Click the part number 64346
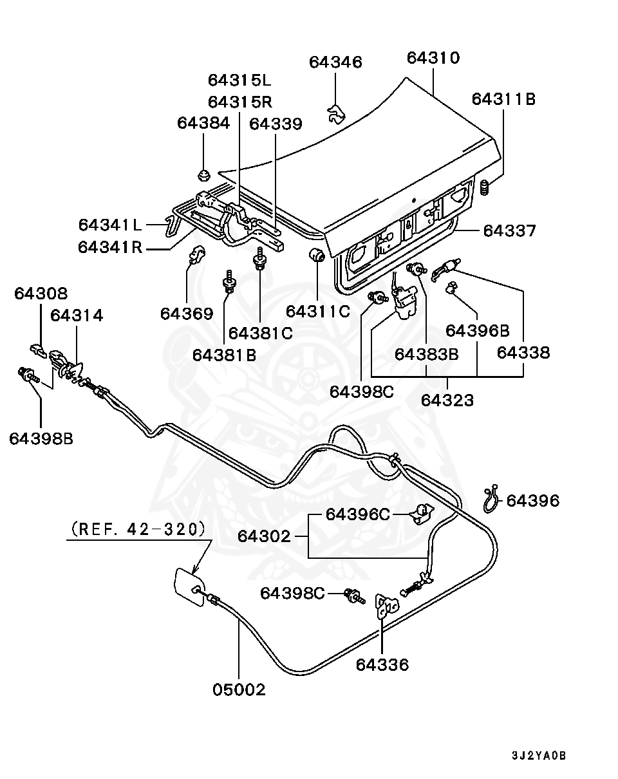coord(335,62)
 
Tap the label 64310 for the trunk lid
coord(433,58)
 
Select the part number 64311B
coord(503,99)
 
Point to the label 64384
coord(203,123)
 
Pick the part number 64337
coord(509,230)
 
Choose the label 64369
coord(186,314)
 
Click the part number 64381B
coord(224,354)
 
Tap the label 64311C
coord(318,312)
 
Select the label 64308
coord(41,294)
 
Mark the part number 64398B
coord(41,438)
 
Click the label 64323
coord(447,400)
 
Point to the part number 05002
coord(239,690)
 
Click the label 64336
coord(382,664)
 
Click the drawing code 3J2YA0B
coord(539,756)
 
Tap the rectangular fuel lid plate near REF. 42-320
coord(187,583)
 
